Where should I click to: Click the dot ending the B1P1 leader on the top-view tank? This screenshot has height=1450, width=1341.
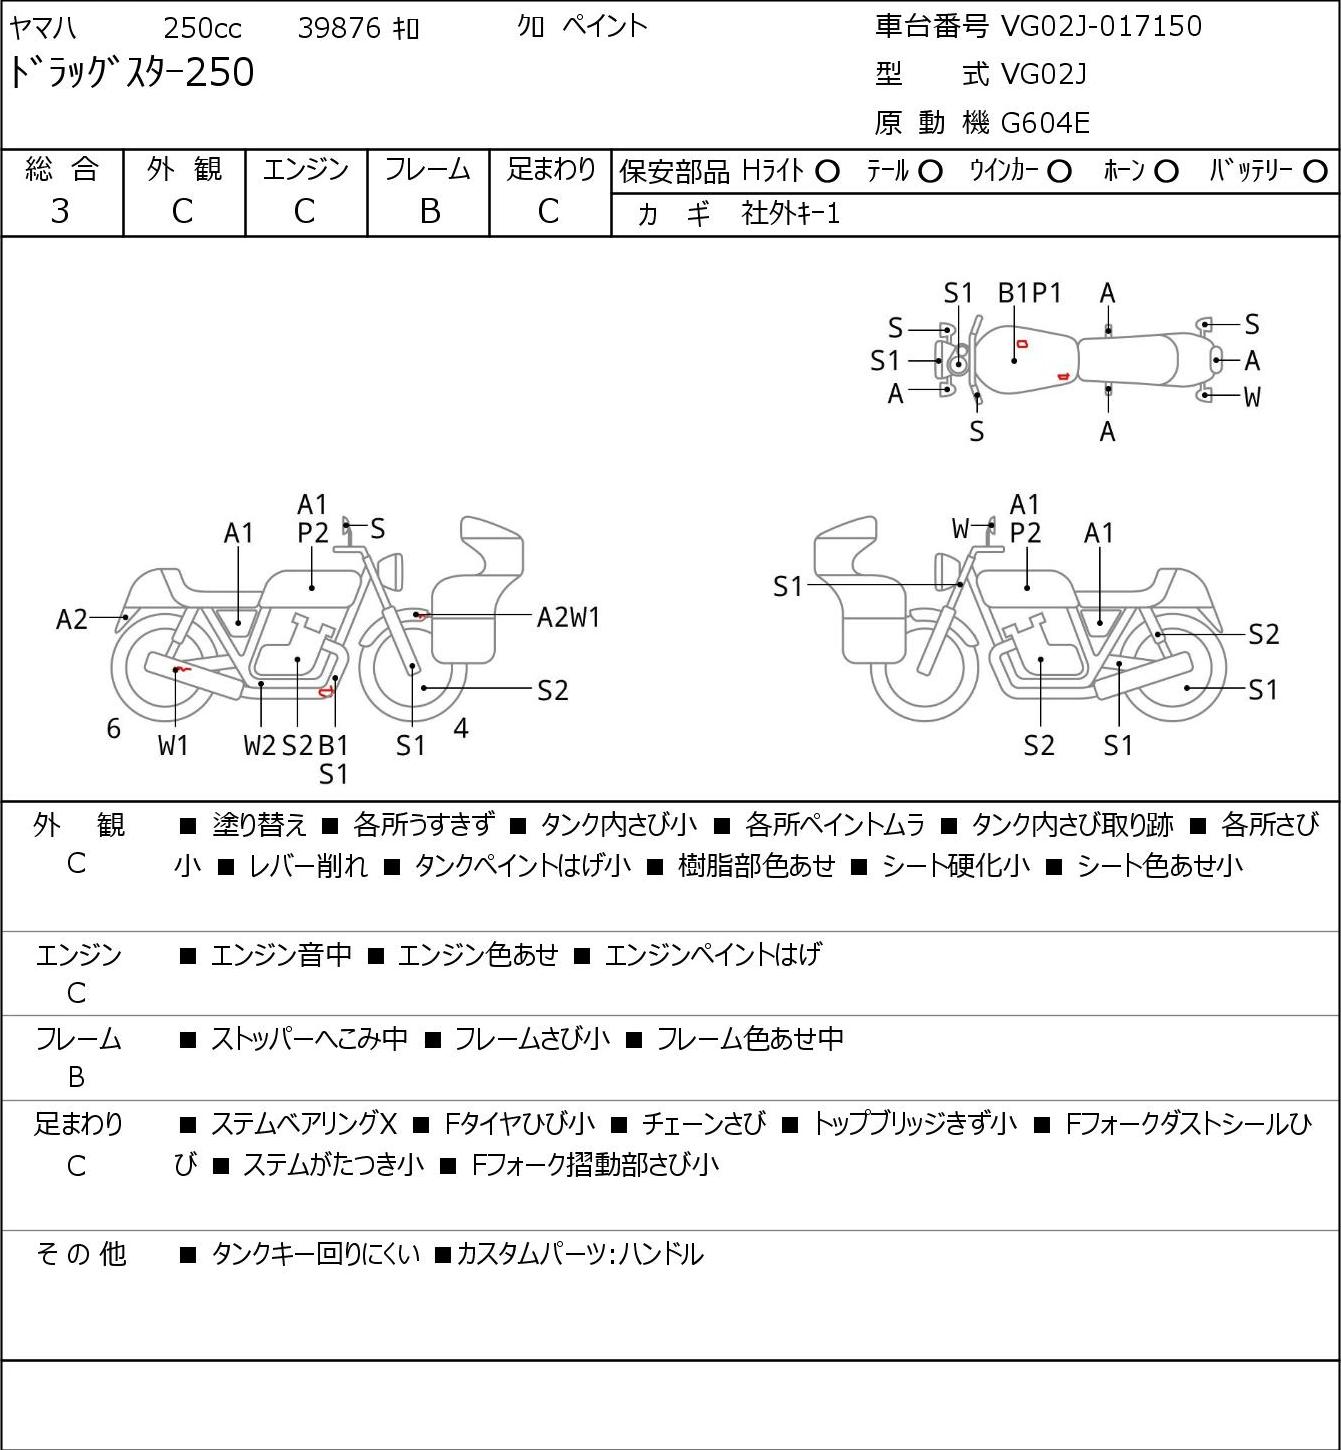click(1014, 360)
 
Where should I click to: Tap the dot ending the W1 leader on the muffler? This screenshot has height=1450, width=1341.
click(175, 669)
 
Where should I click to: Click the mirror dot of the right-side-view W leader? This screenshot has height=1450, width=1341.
click(992, 524)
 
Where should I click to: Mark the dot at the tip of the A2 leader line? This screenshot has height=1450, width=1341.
click(126, 618)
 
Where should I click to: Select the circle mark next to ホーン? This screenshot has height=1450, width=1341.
click(1166, 172)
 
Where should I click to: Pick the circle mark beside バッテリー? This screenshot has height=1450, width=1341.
click(1315, 172)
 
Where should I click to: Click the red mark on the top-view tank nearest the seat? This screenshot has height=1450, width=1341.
click(1063, 376)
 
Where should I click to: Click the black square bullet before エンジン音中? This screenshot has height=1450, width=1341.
click(188, 955)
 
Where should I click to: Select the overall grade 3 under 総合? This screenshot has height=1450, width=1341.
click(60, 212)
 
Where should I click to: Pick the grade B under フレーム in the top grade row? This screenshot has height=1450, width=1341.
click(429, 212)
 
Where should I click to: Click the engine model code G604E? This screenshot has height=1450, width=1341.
click(1045, 123)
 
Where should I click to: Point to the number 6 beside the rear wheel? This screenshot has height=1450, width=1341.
click(113, 728)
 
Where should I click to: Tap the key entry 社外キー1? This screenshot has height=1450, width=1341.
click(791, 214)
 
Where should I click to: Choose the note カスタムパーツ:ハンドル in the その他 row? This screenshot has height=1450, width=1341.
click(580, 1254)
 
